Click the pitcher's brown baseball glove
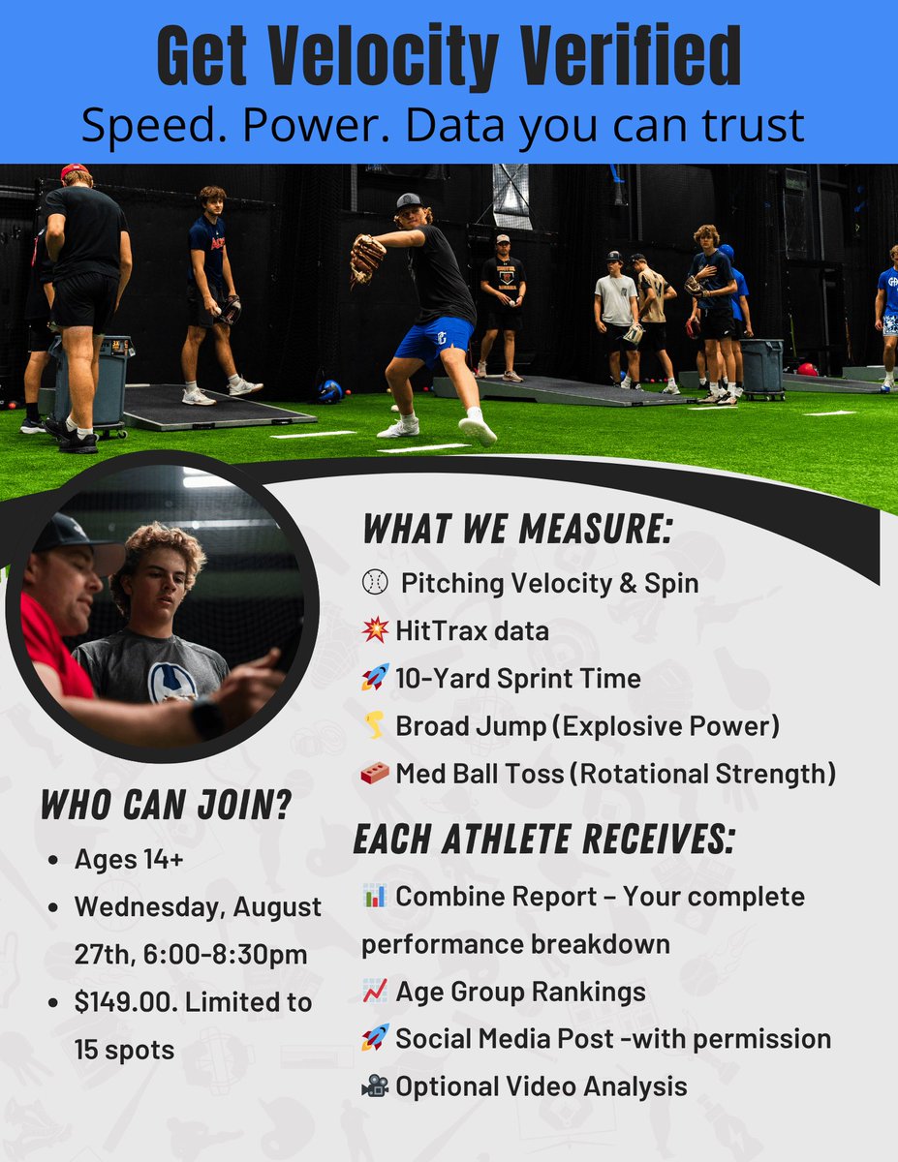(367, 257)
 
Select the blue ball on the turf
(330, 391)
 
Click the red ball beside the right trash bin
(807, 369)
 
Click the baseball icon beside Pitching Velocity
(375, 583)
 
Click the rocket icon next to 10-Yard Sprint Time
(375, 678)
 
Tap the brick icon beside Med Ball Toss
(375, 773)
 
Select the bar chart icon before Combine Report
(375, 896)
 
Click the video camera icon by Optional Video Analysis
(375, 1086)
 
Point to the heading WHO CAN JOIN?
(166, 805)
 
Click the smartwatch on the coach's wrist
(204, 718)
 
